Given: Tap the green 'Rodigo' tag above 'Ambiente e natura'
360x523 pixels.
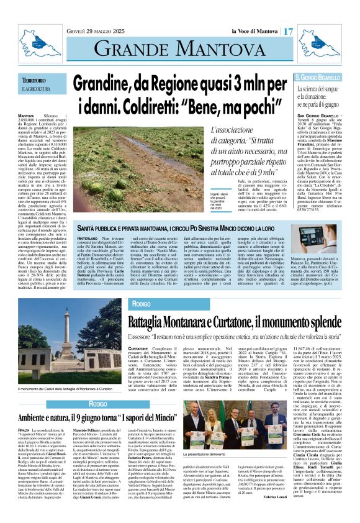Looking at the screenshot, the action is (x=81, y=404).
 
